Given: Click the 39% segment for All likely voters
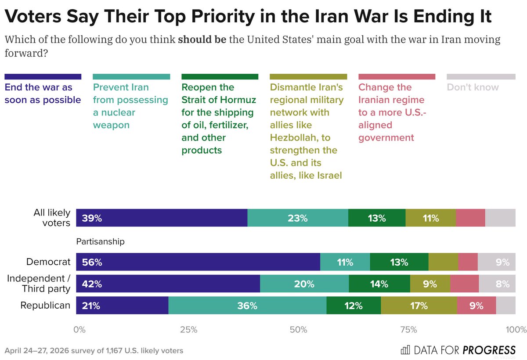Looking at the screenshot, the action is (162, 218).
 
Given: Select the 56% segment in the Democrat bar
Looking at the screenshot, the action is (198, 262).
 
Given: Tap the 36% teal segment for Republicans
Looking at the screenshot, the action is (247, 306).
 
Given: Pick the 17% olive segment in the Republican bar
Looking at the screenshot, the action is (419, 306).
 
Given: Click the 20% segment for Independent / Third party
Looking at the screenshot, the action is (304, 284).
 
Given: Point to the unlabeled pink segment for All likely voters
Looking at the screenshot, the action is (470, 218).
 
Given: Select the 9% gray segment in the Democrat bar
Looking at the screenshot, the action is (496, 262).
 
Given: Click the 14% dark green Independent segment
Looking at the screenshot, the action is (379, 284).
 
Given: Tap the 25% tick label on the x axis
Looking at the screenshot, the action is (189, 330).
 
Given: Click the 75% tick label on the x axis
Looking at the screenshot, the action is (409, 330).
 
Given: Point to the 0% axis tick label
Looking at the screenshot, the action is (79, 330).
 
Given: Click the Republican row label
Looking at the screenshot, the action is (45, 305).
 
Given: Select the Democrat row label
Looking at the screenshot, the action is (48, 262).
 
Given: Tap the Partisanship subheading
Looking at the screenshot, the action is (101, 241).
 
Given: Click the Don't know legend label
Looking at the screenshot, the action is (473, 87).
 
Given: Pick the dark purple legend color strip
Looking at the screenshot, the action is (43, 77).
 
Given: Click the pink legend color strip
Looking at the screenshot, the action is (397, 77).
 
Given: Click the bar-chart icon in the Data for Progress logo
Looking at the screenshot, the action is (405, 350).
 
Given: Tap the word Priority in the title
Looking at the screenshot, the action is (223, 17).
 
